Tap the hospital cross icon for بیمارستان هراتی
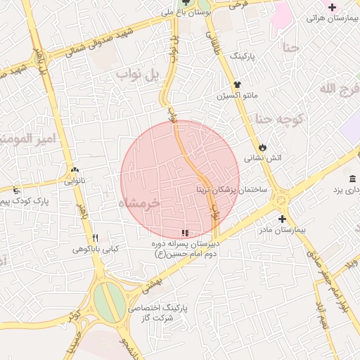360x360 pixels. coord(332,6)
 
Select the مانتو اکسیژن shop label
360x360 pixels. coord(238,94)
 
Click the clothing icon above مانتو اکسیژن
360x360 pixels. coord(238,84)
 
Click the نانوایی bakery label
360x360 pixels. coord(76,180)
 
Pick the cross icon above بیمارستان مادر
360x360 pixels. coord(282,219)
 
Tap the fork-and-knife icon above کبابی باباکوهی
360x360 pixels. coord(96,238)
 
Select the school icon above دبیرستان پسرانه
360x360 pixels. coord(185,233)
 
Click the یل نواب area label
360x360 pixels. coord(141,74)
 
